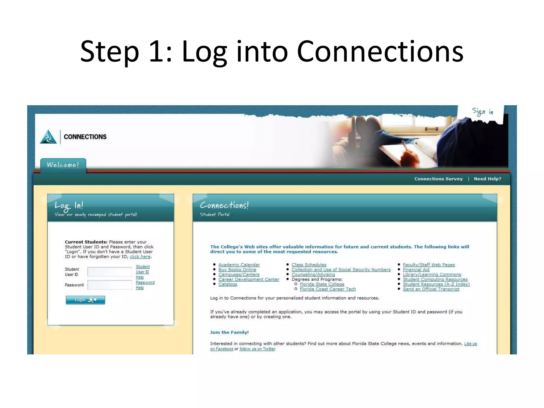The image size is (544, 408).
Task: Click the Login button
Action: [x=85, y=300]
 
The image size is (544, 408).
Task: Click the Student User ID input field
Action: [x=110, y=272]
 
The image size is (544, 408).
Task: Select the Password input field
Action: [x=110, y=285]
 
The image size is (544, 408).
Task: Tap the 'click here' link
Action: [x=140, y=257]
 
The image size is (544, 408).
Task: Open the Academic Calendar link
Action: [x=239, y=265]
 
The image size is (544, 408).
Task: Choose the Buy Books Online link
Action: [x=237, y=270]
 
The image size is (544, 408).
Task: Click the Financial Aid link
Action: [x=416, y=270]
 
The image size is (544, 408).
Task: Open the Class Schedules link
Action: [x=309, y=265]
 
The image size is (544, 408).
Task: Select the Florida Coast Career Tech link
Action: [x=328, y=289]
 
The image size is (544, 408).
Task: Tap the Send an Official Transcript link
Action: [x=431, y=289]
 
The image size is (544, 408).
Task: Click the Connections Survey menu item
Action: [x=438, y=179]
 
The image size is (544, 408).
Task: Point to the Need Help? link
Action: [x=487, y=179]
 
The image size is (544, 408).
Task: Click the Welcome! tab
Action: [x=63, y=165]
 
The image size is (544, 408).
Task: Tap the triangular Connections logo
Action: [x=48, y=137]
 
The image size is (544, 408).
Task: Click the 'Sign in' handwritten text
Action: [x=482, y=112]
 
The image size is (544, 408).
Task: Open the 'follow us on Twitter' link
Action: [x=257, y=349]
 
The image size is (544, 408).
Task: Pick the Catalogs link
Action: [x=228, y=284]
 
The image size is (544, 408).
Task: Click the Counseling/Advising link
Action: [x=313, y=274]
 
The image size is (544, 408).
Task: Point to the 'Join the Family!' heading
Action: [x=229, y=332]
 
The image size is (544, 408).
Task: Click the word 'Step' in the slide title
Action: [x=109, y=52]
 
